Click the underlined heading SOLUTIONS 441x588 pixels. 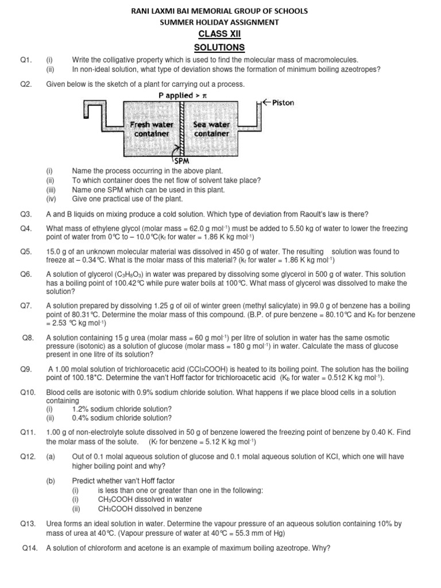point(220,47)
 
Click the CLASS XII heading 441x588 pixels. point(220,34)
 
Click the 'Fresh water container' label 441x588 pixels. point(148,129)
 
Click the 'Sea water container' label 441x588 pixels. point(211,129)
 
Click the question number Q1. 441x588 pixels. point(25,60)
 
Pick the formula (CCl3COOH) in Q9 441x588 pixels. point(217,369)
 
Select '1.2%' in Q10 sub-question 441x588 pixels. point(81,409)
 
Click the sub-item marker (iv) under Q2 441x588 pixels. point(50,199)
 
